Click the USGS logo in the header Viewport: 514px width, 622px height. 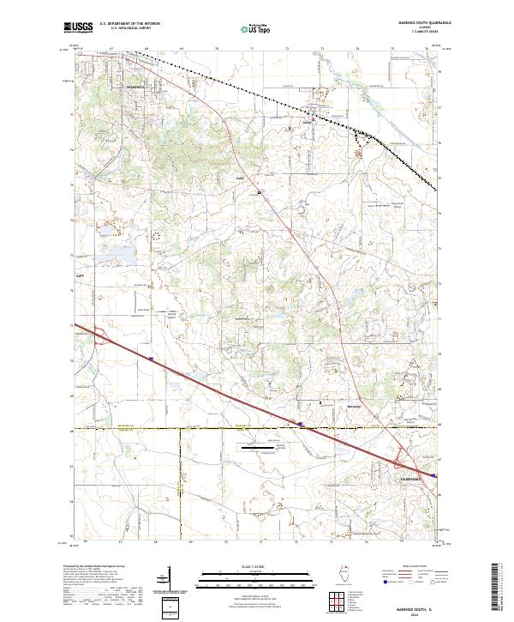(78, 27)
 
